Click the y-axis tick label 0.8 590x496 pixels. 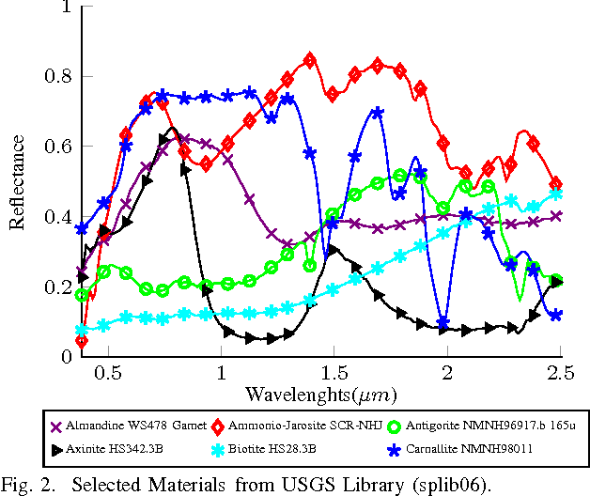point(58,76)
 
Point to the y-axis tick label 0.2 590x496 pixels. point(58,287)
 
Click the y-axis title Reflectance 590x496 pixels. point(17,181)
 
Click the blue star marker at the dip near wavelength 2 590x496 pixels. point(443,322)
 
